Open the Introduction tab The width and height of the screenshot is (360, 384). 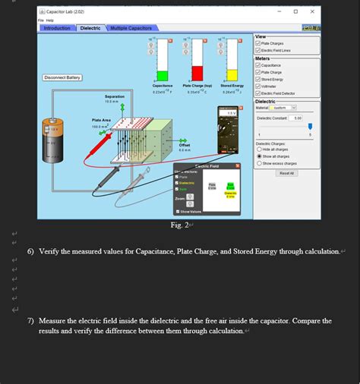57,28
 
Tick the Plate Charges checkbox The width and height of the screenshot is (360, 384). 259,43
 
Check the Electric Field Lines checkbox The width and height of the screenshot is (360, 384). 259,51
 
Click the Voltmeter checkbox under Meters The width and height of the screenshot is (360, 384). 259,86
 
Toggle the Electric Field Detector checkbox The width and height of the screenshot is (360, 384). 259,93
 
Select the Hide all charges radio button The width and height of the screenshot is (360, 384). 259,149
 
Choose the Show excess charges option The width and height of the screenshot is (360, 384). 259,162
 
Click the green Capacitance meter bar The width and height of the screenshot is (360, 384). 162,75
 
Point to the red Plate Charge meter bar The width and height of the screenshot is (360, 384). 197,73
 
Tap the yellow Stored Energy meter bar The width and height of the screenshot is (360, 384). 231,77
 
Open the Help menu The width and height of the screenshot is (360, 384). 50,20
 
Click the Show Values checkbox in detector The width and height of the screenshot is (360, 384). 178,212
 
